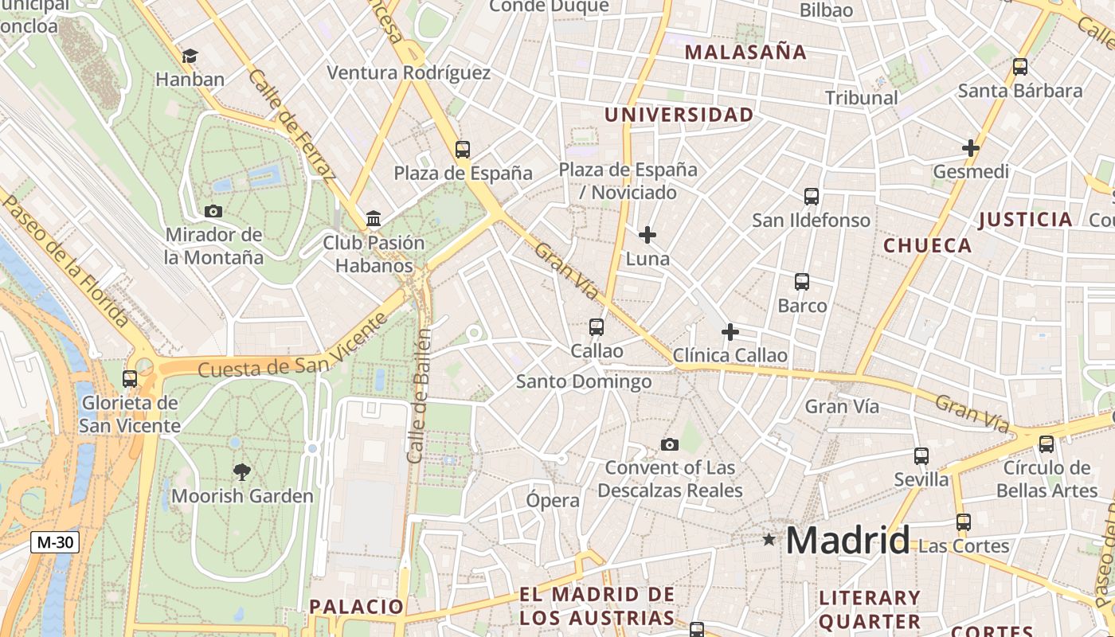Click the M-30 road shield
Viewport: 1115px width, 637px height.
click(55, 542)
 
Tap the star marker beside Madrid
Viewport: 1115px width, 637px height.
click(769, 540)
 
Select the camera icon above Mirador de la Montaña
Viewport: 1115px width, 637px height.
click(213, 211)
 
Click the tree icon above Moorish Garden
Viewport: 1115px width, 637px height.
click(242, 471)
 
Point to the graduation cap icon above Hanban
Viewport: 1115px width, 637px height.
click(190, 56)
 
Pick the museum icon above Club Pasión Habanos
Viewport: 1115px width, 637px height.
click(374, 218)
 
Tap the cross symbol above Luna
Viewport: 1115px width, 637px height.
click(647, 235)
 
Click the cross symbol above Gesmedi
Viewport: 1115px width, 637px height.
click(970, 147)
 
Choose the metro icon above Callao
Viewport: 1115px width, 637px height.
click(597, 326)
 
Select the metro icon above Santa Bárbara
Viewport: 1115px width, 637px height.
click(1020, 67)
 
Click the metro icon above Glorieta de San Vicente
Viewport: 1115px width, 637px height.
click(130, 378)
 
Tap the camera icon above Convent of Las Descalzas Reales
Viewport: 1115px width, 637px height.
click(670, 444)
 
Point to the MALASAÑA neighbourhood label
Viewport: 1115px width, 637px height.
click(745, 53)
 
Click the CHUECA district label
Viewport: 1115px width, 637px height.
click(928, 245)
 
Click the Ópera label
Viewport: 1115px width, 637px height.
click(553, 501)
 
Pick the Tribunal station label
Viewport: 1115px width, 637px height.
click(861, 98)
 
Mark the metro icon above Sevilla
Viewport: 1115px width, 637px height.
click(921, 455)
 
